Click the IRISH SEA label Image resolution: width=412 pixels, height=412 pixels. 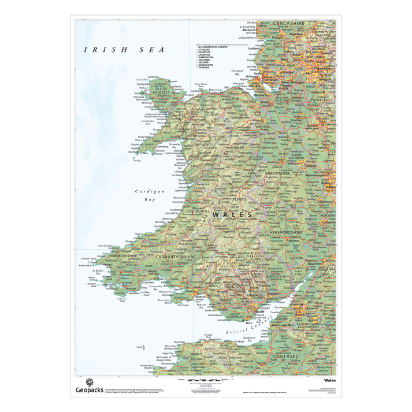tap(124, 50)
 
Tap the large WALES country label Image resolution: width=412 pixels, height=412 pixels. tap(233, 214)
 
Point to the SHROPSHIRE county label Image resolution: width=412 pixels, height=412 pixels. tap(282, 173)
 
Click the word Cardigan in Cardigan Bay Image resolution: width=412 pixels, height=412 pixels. tap(150, 191)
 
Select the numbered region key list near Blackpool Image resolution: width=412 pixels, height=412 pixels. tap(214, 57)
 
